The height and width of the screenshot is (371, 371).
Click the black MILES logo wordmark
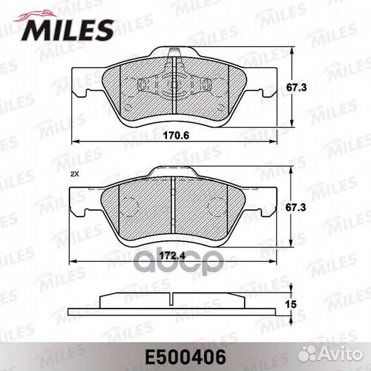(67, 30)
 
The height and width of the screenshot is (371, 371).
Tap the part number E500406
(185, 357)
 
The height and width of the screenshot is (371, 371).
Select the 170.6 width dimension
(176, 135)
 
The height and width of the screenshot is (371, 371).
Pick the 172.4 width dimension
(172, 256)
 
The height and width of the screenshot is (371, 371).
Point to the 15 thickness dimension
(291, 304)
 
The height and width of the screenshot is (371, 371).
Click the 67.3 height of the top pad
(297, 87)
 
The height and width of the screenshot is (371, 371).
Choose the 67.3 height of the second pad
(295, 207)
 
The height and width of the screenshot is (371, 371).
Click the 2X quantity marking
(74, 174)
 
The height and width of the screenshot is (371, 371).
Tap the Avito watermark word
(341, 355)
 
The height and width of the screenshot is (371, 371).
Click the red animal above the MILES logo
(36, 16)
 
